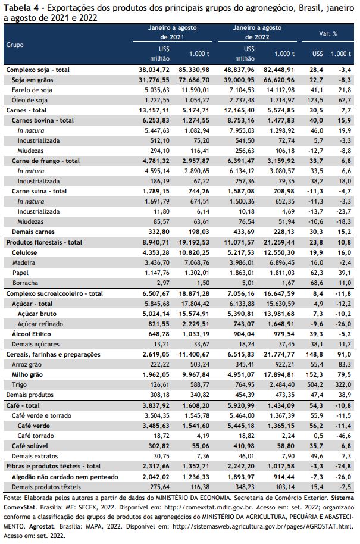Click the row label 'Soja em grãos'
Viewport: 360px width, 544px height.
(32, 80)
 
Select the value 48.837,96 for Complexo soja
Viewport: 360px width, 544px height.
(239, 70)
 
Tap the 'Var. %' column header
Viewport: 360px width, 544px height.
(328, 34)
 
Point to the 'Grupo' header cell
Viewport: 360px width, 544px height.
(15, 45)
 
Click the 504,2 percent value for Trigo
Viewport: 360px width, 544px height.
(315, 384)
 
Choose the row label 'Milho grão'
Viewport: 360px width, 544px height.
(27, 374)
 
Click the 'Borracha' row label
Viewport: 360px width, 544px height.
(26, 283)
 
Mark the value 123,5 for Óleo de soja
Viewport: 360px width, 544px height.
(315, 100)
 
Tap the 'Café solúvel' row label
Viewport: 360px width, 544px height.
(30, 446)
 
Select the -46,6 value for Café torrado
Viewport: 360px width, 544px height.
(344, 436)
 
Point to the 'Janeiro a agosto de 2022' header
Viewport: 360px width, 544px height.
(257, 32)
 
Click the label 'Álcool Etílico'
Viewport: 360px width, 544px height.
(31, 334)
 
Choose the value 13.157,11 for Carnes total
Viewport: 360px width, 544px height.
(154, 110)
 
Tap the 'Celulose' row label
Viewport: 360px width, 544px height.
(24, 252)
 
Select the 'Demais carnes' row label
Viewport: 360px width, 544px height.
(33, 232)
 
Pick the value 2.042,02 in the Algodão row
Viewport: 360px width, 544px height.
(156, 477)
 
